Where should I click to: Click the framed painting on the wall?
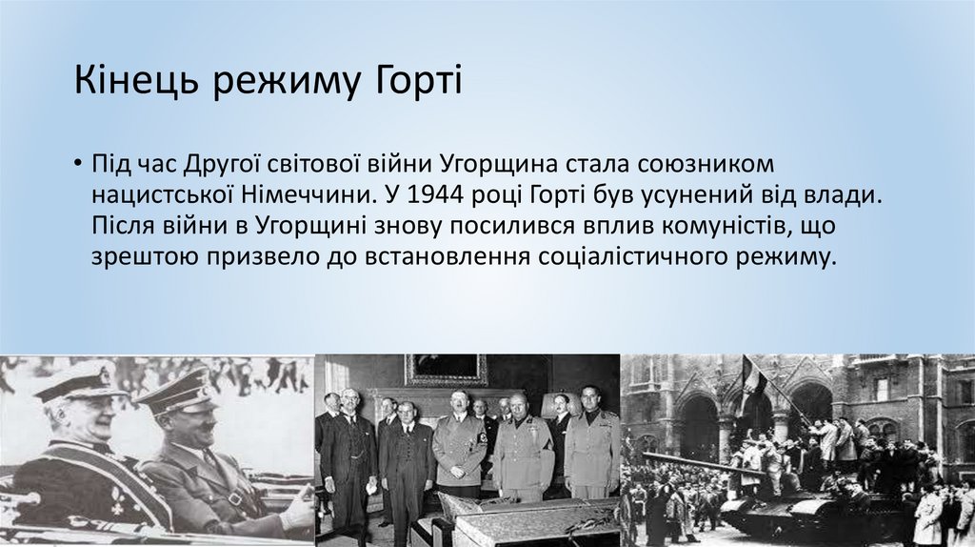point(446,369)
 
